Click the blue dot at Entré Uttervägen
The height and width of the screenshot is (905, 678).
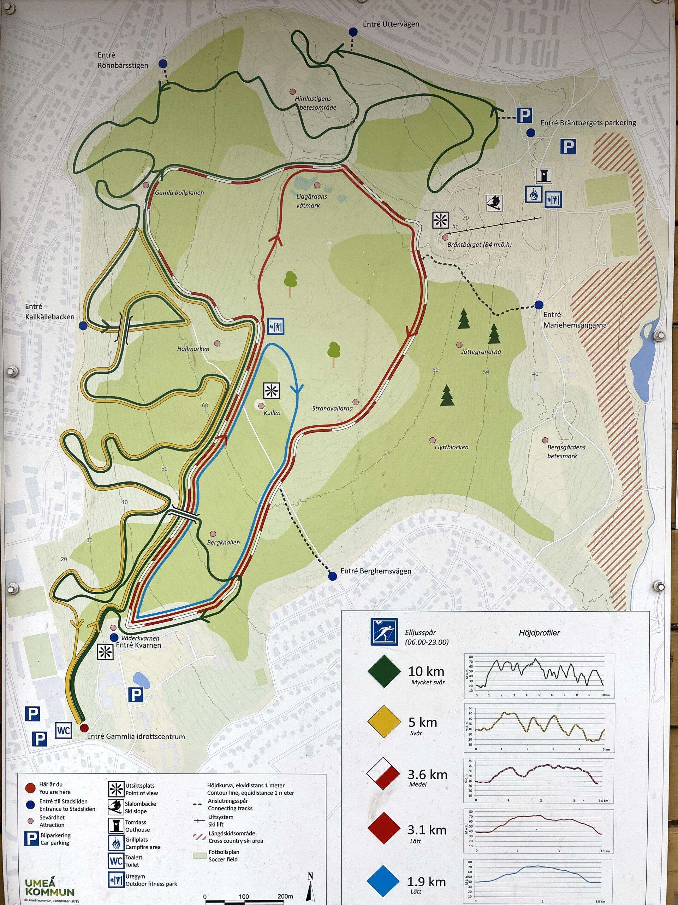pos(353,32)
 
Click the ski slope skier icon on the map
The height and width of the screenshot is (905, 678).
pos(494,203)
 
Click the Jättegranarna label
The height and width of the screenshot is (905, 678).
pos(481,351)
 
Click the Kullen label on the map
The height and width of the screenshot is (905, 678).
pos(272,413)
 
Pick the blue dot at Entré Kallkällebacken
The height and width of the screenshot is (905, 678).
pos(83,326)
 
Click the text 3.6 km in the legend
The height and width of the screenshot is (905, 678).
pos(427,775)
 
